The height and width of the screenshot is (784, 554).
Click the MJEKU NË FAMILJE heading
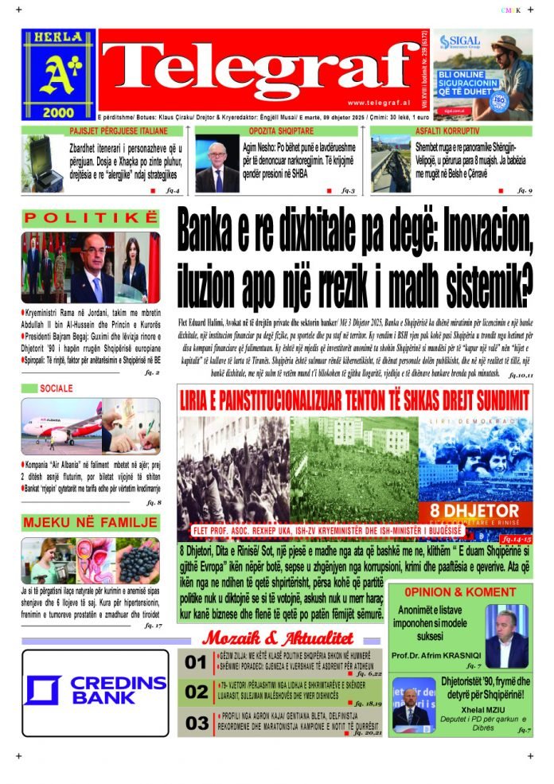(89, 523)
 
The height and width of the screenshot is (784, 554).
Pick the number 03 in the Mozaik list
(196, 724)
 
